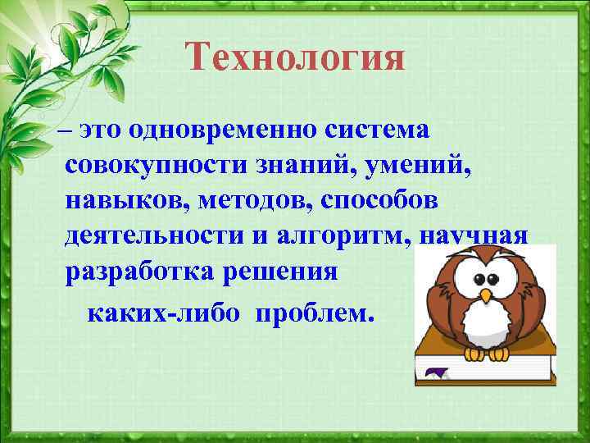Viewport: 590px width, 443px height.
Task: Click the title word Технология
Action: pyautogui.click(x=295, y=58)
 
